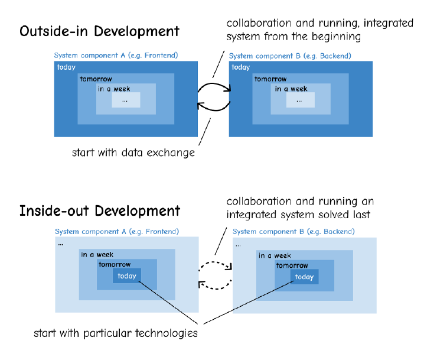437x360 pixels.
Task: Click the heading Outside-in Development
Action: coord(99,31)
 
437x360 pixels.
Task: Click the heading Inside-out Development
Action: coord(99,210)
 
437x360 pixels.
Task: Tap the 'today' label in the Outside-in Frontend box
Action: coord(66,67)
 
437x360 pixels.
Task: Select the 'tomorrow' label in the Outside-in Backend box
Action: coord(270,79)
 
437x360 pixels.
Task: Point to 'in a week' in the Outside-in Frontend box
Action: coord(115,89)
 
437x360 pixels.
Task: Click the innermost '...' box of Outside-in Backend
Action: coord(300,100)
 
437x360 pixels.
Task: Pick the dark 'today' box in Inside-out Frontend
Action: coord(127,276)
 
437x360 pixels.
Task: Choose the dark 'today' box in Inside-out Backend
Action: coord(304,277)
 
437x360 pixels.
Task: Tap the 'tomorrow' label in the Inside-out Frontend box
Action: coord(115,265)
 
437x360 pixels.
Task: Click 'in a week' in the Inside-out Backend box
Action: coord(275,255)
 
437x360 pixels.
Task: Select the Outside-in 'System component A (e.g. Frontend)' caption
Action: coord(116,56)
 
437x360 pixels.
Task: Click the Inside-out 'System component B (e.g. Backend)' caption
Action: coord(293,231)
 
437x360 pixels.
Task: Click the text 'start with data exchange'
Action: coord(133,153)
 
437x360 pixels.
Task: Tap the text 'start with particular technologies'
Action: coord(115,333)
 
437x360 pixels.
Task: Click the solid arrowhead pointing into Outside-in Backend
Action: coord(227,90)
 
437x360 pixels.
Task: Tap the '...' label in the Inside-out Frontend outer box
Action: coord(61,243)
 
